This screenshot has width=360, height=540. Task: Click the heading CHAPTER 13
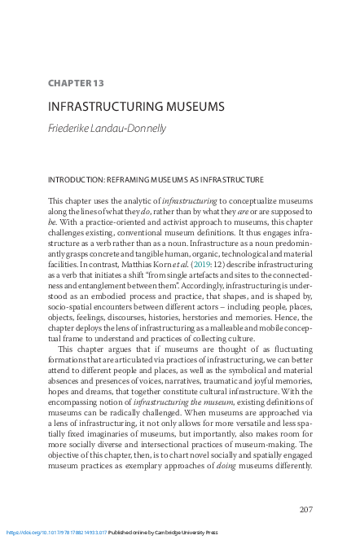77,83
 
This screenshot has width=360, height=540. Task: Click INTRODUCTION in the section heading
76,179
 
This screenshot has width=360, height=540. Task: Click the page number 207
305,510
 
